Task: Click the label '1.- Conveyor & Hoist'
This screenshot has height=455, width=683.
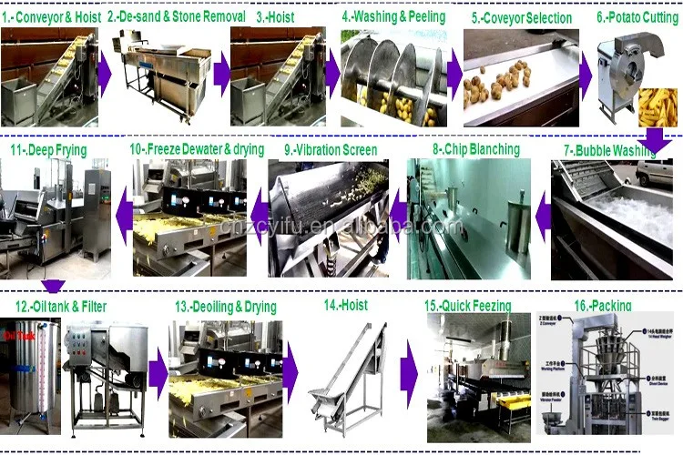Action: [51, 16]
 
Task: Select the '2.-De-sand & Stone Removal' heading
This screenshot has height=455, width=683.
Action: [177, 16]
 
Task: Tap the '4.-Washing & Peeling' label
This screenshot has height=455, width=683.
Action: [393, 16]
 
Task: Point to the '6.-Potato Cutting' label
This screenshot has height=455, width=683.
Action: [637, 16]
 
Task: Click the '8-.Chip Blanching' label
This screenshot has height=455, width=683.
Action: [475, 148]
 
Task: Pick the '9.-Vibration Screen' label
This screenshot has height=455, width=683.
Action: [331, 148]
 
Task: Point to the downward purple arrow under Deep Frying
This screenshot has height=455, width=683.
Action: [53, 286]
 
